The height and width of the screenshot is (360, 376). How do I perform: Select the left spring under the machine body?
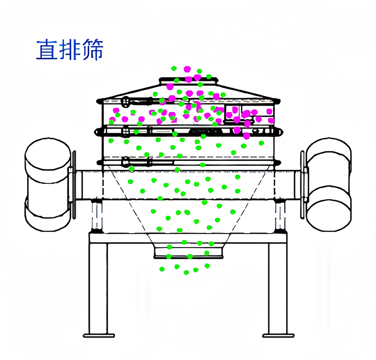96,215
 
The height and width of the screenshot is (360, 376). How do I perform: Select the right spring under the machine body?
280,215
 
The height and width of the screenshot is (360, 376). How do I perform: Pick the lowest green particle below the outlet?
186,272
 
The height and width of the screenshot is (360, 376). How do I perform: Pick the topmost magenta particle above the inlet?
187,68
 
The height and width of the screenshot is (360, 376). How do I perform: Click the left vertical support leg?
99,287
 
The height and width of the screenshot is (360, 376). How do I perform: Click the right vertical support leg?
277,287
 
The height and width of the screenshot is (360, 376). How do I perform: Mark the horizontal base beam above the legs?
188,238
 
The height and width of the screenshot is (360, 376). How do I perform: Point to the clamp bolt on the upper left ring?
125,101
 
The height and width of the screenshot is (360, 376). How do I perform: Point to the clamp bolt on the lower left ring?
125,162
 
